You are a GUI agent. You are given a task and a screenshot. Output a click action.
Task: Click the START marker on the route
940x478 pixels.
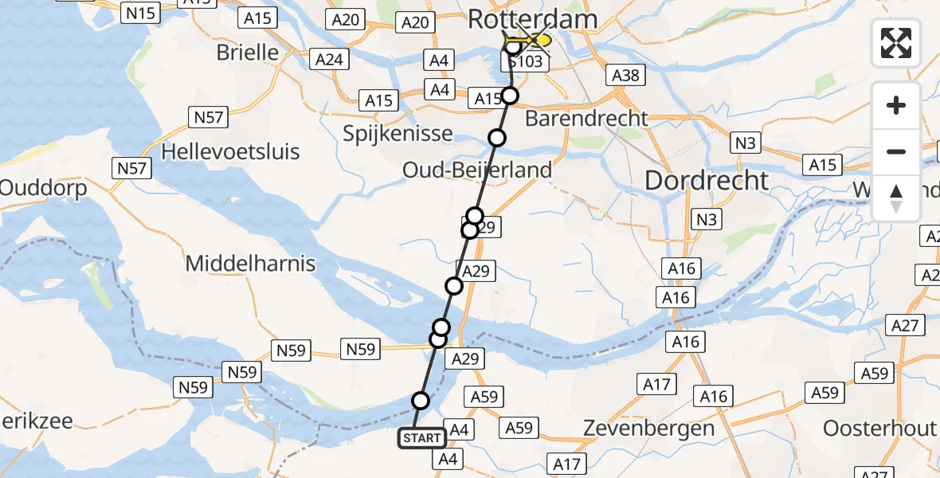point(421,438)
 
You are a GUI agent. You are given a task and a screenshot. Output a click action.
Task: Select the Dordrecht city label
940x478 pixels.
point(707,180)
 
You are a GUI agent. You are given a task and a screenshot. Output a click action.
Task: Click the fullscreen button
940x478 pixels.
point(896,43)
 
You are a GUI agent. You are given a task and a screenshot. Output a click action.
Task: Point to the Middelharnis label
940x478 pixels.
point(250,264)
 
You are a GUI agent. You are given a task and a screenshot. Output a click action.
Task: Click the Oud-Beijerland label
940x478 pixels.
point(477,170)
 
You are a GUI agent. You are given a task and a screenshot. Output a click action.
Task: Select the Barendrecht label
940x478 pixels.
point(586,119)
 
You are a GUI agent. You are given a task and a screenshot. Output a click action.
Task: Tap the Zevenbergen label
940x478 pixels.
point(648,428)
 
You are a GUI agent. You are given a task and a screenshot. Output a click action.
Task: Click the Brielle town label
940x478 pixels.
point(247,52)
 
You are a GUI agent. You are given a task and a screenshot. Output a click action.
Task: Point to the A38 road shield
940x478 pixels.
point(625,76)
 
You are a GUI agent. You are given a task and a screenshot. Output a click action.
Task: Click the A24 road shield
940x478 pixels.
point(329,60)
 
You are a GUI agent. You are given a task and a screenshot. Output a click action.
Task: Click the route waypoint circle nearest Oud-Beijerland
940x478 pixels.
point(497,138)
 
